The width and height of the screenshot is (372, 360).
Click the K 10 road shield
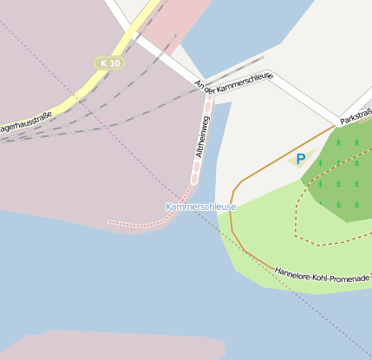(109, 63)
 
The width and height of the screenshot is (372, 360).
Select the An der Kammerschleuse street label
(234, 83)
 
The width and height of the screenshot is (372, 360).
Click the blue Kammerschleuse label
(201, 206)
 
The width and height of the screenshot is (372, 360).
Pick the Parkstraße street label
(356, 115)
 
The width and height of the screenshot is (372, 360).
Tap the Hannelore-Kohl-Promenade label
(322, 273)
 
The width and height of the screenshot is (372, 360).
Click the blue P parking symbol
(300, 159)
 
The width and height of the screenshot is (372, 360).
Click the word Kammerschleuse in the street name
(246, 81)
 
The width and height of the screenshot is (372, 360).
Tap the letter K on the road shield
(103, 63)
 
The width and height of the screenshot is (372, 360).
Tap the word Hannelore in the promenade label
(291, 270)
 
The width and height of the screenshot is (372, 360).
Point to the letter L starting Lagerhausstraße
(3, 130)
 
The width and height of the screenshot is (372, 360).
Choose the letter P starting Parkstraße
(343, 120)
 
